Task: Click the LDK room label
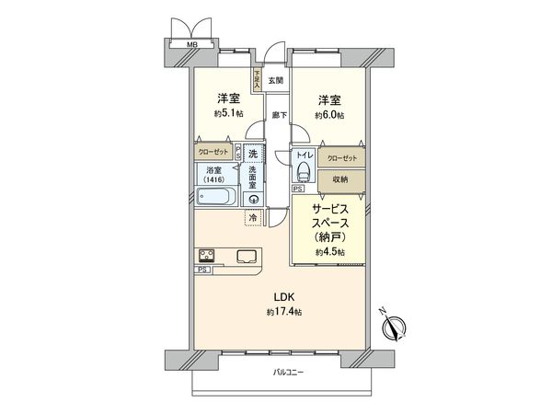(x=284, y=296)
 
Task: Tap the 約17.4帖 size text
(x=284, y=313)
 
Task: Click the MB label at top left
(x=191, y=43)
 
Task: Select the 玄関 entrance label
(x=276, y=80)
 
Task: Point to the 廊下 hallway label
(x=279, y=115)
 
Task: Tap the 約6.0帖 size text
(x=328, y=115)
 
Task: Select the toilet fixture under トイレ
(x=302, y=174)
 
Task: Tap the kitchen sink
(x=247, y=257)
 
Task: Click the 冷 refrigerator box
(x=253, y=218)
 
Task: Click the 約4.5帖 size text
(x=328, y=251)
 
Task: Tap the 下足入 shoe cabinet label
(x=258, y=81)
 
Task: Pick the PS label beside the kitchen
(x=201, y=270)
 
